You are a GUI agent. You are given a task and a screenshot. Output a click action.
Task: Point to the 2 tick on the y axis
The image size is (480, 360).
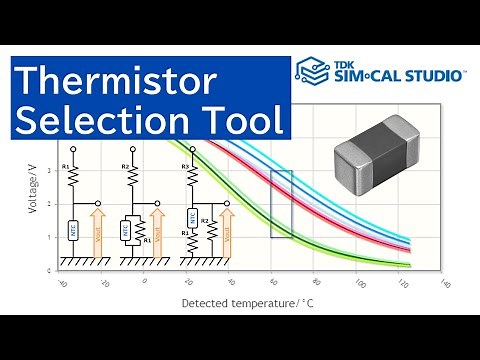(35, 204)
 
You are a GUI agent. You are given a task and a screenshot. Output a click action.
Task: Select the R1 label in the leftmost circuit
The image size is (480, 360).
(65, 165)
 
